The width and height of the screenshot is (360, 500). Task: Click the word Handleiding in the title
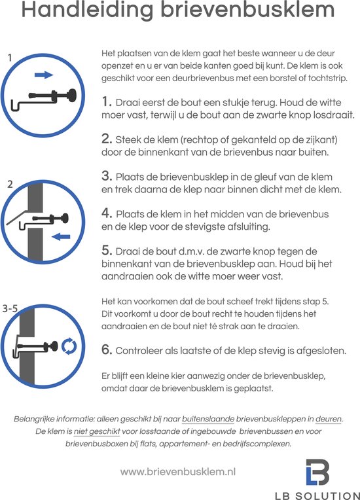(87, 10)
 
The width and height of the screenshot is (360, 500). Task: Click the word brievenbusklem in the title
(248, 10)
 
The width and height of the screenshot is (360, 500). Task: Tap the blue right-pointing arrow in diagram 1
(44, 75)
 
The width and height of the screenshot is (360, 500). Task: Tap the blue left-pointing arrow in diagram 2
(61, 236)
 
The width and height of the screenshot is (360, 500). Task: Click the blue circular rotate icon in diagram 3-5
(69, 346)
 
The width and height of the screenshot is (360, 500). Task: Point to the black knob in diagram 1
(72, 96)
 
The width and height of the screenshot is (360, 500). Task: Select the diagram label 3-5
(10, 309)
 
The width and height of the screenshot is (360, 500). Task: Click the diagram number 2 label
(10, 185)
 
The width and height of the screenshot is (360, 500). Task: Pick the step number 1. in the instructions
(107, 102)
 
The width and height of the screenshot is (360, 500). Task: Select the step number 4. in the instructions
(107, 213)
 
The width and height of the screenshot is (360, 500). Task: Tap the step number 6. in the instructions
(107, 350)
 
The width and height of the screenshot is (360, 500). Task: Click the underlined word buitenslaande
(208, 419)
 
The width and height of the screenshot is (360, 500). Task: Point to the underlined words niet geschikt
(97, 432)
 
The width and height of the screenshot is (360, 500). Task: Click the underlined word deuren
(329, 419)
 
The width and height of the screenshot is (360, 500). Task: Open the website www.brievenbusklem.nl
(178, 472)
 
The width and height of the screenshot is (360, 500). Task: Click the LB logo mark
(317, 473)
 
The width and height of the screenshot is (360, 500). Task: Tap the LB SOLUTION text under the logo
(317, 495)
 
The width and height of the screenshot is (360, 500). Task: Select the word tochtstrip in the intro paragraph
(327, 78)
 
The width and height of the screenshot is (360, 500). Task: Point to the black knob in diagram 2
(65, 219)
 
